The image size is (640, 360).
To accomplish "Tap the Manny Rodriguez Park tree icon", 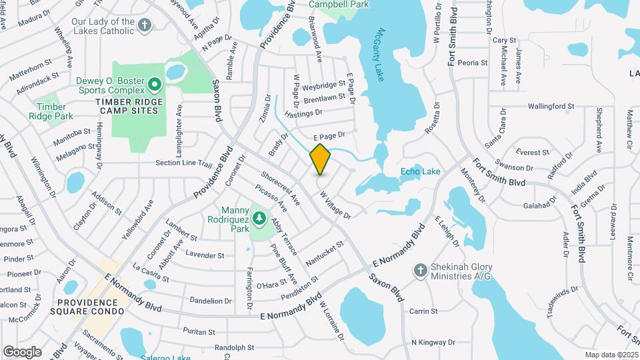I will (259, 219).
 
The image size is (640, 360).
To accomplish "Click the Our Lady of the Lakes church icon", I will (145, 25).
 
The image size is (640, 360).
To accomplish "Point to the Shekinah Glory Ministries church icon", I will (420, 270).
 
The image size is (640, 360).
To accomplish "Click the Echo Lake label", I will (420, 172).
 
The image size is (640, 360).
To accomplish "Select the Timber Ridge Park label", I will (51, 111).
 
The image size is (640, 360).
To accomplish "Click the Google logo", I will (22, 351).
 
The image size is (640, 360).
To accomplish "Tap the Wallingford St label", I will (551, 107).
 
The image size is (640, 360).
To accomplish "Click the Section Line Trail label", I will (183, 163).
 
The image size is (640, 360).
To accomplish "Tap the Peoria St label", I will (473, 63).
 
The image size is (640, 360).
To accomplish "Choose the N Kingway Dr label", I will (433, 343).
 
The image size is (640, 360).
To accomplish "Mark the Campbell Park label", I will (339, 5).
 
